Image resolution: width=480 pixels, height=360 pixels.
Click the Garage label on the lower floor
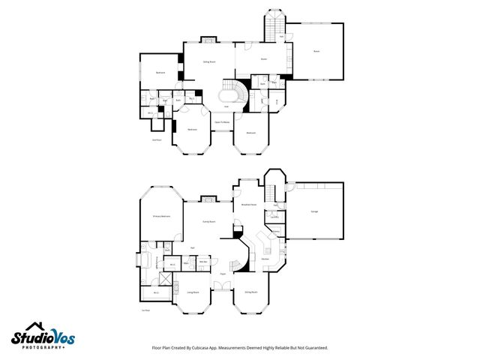tap(313, 212)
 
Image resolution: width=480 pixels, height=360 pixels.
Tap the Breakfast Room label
tap(249, 204)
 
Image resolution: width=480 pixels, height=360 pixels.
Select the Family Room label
tap(209, 222)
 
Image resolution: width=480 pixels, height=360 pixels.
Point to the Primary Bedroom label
tap(161, 217)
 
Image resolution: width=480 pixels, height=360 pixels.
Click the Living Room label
tap(193, 292)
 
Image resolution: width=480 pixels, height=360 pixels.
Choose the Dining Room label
tap(250, 292)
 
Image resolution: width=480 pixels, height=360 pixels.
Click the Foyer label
tap(223, 284)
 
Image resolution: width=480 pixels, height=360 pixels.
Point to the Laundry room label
tap(275, 217)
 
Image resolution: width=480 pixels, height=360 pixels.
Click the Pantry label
tap(276, 232)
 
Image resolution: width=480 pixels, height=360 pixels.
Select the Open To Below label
tap(222, 121)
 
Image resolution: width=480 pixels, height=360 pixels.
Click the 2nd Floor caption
tap(157, 139)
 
